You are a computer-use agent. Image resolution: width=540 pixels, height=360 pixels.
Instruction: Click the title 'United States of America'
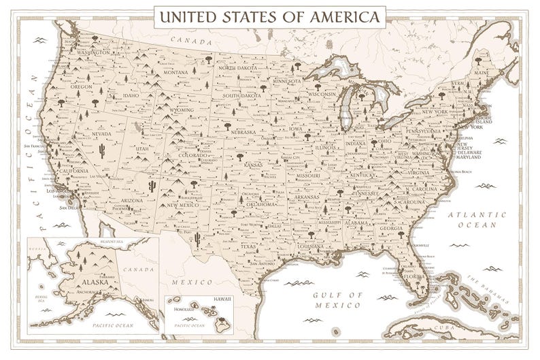tap(266, 16)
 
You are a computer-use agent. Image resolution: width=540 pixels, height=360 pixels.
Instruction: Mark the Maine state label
tap(482, 72)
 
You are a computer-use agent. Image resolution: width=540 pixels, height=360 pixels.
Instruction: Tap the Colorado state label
tap(192, 155)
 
